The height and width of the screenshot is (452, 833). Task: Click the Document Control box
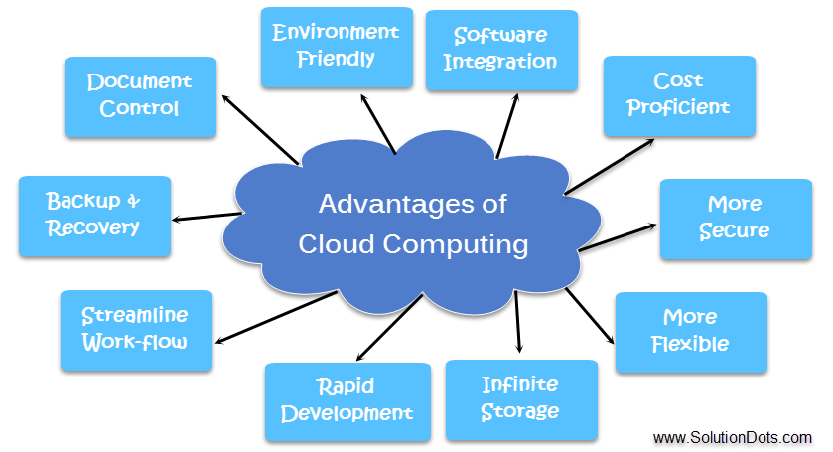point(140,95)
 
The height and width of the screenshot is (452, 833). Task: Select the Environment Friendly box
point(336,46)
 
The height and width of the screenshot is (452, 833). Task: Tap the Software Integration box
point(500,49)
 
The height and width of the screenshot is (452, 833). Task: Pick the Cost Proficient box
point(679,94)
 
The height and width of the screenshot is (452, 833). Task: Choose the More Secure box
point(735,219)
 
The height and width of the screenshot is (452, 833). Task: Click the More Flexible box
point(690,332)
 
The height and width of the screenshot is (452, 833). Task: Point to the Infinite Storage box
point(520,398)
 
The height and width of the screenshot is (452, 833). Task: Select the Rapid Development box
point(347,400)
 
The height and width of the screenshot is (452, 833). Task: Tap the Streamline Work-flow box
point(136,329)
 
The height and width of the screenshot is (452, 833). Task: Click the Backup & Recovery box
point(94,215)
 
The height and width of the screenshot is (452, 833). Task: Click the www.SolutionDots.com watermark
point(733,437)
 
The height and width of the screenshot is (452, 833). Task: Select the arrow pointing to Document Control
point(259,129)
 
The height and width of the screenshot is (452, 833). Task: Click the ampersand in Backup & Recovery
point(134,202)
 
